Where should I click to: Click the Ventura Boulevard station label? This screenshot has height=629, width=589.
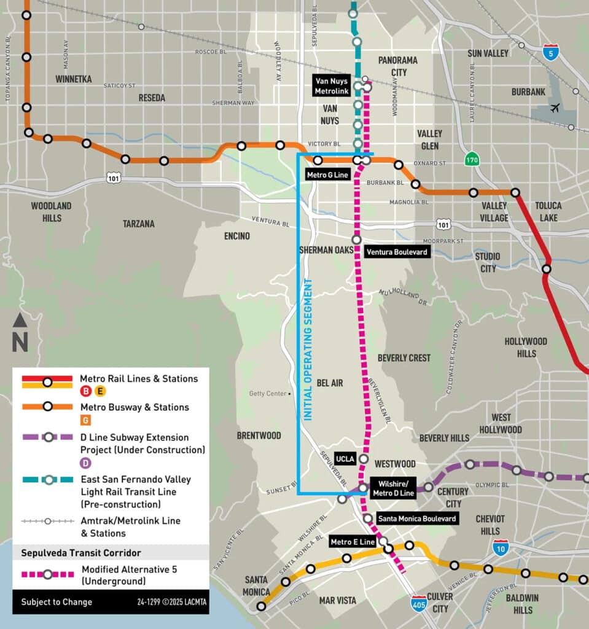(x=396, y=252)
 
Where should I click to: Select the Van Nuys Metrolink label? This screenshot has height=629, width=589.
(x=331, y=86)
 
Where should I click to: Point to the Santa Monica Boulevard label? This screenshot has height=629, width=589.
(x=417, y=519)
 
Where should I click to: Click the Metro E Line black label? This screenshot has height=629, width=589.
(x=352, y=542)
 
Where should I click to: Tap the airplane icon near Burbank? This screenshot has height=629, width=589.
(x=555, y=109)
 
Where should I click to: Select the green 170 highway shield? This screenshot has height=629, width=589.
(x=471, y=159)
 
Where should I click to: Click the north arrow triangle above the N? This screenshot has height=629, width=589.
(x=20, y=320)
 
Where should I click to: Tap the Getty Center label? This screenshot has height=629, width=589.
(x=268, y=394)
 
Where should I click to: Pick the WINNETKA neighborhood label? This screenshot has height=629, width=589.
(x=73, y=79)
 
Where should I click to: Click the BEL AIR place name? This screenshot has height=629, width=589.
(x=330, y=383)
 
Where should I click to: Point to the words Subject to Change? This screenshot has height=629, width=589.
(x=57, y=602)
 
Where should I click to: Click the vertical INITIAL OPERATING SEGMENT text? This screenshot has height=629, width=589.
(x=308, y=350)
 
